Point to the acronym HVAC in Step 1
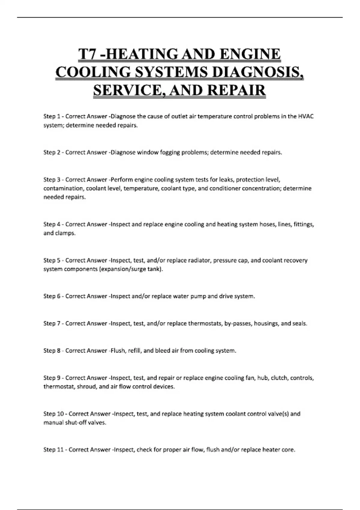tap(306, 116)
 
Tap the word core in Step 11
tap(289, 450)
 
